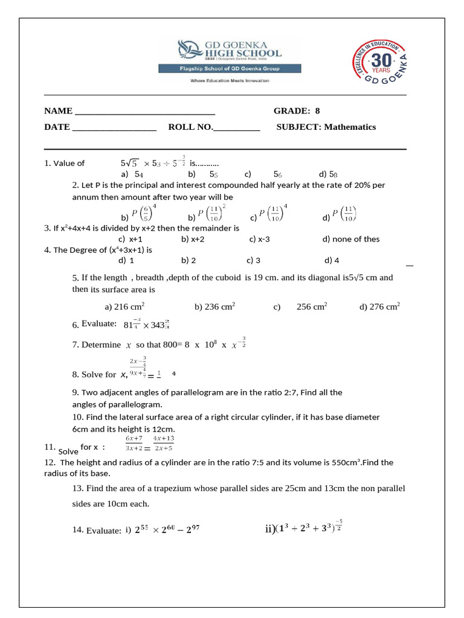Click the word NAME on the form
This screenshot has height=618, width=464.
tap(57, 111)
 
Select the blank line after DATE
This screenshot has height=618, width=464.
tap(114, 127)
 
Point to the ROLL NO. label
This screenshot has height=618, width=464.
tap(190, 127)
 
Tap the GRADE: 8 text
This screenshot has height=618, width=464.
tap(297, 111)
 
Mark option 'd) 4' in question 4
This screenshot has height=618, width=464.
tap(332, 261)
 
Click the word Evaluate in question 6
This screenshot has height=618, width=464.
tap(99, 324)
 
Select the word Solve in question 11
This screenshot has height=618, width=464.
tap(68, 451)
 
